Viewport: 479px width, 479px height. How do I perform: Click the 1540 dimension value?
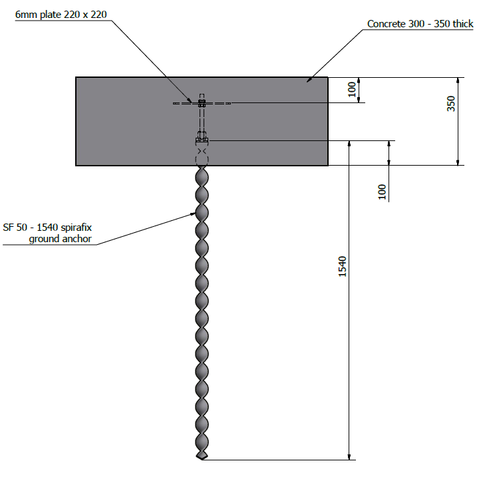tap(343, 267)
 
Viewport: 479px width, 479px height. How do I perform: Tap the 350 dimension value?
tap(451, 104)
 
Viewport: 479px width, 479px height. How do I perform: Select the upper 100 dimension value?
tap(352, 89)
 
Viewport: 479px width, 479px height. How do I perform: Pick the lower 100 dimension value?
tap(382, 192)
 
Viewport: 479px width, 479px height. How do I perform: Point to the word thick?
tap(463, 23)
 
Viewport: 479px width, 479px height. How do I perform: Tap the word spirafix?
tap(76, 228)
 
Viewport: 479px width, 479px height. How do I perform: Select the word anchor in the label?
tap(77, 239)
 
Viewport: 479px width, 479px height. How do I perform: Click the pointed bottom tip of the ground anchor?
tap(202, 459)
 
